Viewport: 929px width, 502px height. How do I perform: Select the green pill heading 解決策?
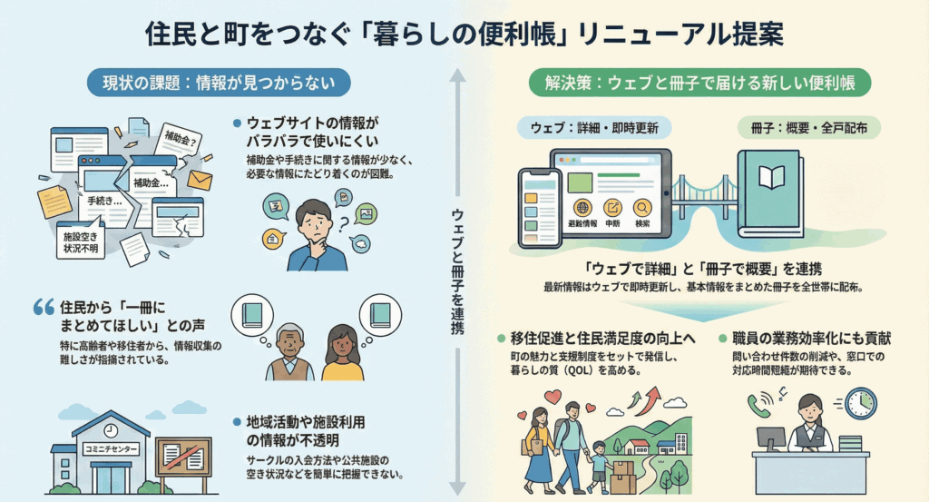[699, 83]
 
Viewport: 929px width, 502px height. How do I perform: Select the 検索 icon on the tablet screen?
[642, 211]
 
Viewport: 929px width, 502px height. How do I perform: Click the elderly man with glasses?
[288, 350]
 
